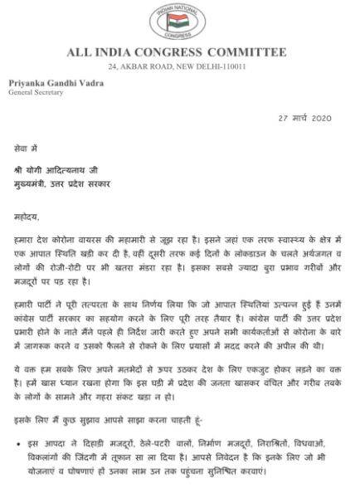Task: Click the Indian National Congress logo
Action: pyautogui.click(x=179, y=22)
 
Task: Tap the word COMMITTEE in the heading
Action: pyautogui.click(x=260, y=53)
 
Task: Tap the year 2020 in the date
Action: pyautogui.click(x=318, y=118)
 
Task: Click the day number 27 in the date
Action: pyautogui.click(x=283, y=118)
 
